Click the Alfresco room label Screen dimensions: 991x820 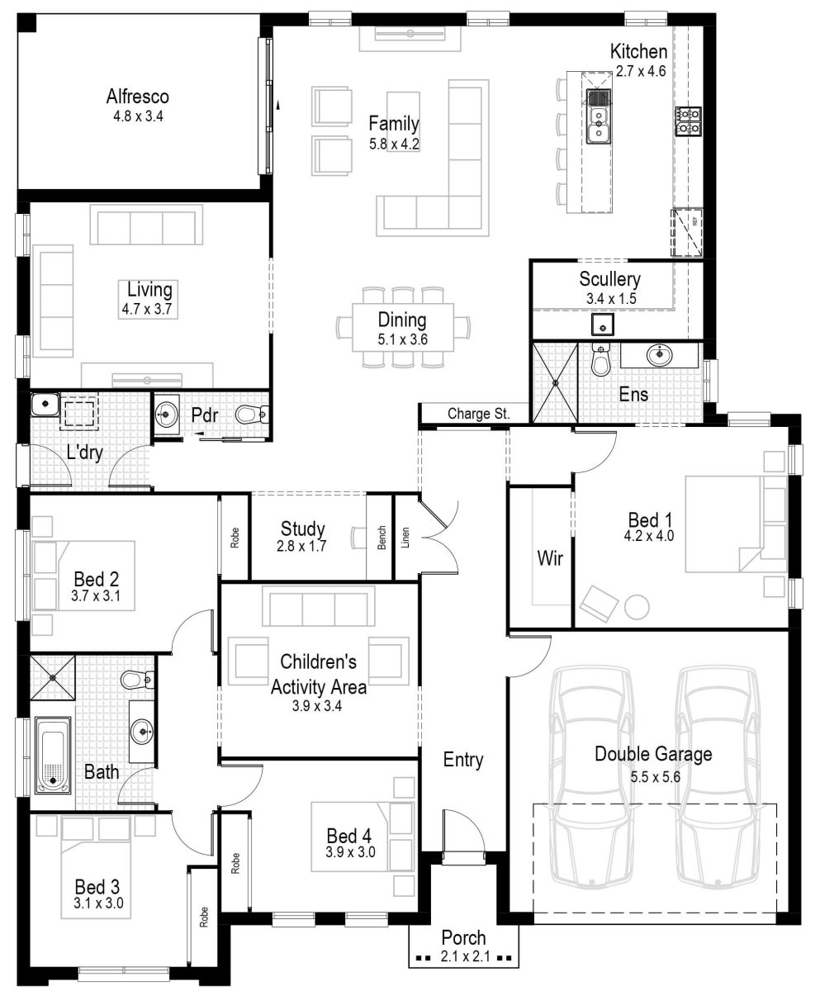[x=138, y=97]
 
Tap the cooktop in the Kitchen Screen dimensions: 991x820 [x=687, y=121]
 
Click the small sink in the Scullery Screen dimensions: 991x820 [x=603, y=325]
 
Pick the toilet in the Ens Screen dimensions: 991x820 [x=600, y=361]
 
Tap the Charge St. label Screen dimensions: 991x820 [x=478, y=413]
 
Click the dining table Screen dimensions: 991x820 [x=403, y=327]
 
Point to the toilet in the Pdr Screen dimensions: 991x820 [x=250, y=415]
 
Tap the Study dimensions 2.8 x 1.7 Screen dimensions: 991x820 [x=302, y=546]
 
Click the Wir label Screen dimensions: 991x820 [x=549, y=559]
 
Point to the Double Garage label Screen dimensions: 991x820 [x=652, y=753]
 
